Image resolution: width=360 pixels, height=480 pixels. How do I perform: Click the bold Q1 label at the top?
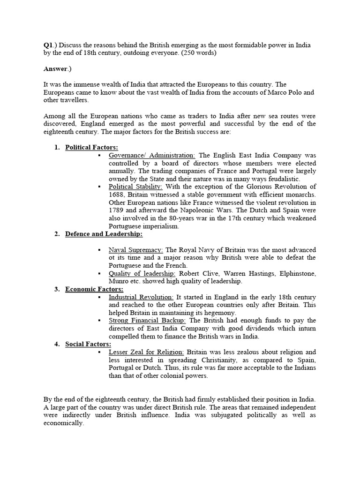pyautogui.click(x=48, y=45)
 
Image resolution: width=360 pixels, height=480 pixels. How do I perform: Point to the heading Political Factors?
pyautogui.click(x=91, y=147)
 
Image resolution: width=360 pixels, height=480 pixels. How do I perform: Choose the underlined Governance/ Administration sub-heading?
pyautogui.click(x=152, y=155)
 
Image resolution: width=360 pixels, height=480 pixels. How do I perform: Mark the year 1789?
pyautogui.click(x=117, y=210)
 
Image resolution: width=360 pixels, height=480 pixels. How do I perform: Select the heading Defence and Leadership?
pyautogui.click(x=104, y=234)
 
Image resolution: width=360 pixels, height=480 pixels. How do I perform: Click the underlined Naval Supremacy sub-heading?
pyautogui.click(x=136, y=250)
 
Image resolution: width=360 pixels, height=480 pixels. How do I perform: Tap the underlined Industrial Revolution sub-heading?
pyautogui.click(x=141, y=297)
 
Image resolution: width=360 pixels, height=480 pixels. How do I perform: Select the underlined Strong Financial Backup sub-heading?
pyautogui.click(x=147, y=321)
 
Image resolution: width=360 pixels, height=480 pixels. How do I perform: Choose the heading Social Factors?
pyautogui.click(x=88, y=345)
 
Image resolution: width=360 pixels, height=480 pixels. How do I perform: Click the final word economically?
pyautogui.click(x=64, y=423)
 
